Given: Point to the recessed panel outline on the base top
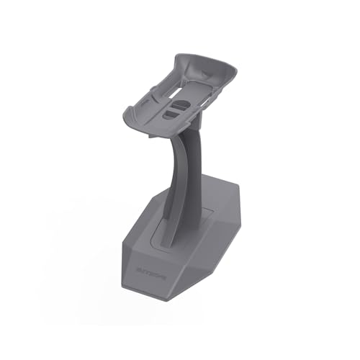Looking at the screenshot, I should [205, 216].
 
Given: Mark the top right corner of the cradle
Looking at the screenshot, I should [235, 66].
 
